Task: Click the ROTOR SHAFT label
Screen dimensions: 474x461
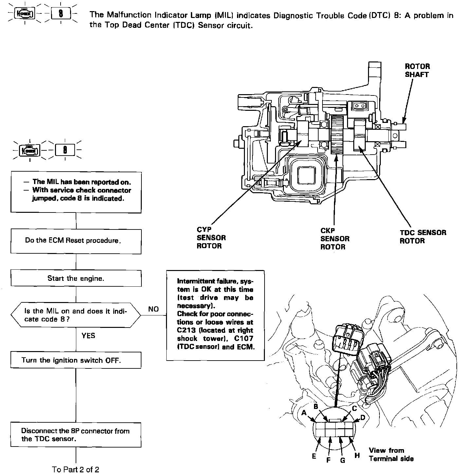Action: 417,70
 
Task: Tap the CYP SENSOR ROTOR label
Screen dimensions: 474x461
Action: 211,238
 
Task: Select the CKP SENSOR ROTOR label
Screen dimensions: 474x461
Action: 335,239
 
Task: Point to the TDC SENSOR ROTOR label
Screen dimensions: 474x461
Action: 423,237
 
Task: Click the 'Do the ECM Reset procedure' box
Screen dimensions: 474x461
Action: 76,241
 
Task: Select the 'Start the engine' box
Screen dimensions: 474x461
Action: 76,279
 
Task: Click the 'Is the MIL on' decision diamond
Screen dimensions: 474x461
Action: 76,315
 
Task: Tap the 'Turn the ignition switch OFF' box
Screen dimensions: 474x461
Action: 76,360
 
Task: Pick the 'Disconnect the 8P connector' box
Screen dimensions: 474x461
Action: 76,435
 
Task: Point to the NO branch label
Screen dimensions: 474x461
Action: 153,309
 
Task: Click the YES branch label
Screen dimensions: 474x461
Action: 88,336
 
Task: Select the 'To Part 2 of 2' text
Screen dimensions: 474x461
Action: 76,469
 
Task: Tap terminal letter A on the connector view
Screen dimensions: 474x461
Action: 304,413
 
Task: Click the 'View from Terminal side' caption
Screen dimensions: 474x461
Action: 391,454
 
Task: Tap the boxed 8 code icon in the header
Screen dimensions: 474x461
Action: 61,14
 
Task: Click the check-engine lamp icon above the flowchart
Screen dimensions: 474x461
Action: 30,150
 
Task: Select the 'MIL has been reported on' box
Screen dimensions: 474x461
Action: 76,191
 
